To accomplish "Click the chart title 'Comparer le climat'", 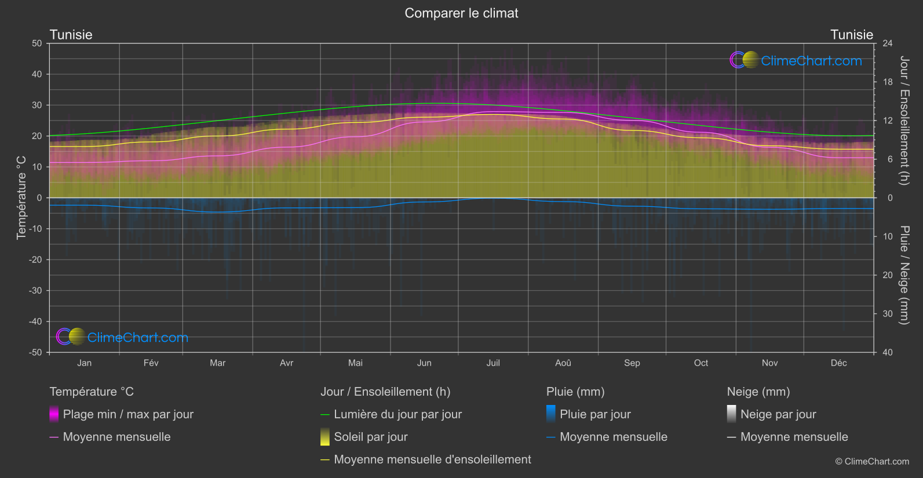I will pos(461,13).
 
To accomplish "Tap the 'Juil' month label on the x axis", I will pos(493,363).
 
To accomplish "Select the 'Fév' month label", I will pos(151,363).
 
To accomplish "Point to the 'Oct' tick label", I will pos(701,363).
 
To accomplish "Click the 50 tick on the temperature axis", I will pos(37,43).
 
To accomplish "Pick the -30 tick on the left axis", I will pos(35,291).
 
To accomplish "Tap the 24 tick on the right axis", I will pos(887,43).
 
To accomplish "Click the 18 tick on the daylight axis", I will pos(887,82).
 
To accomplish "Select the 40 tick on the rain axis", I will pos(887,352).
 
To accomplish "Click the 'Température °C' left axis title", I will pos(21,198).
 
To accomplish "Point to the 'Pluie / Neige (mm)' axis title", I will pos(904,275).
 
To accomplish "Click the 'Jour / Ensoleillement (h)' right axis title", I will pos(904,121).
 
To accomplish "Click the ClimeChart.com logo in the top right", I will pos(796,60).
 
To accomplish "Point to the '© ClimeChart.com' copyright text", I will pos(872,462).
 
